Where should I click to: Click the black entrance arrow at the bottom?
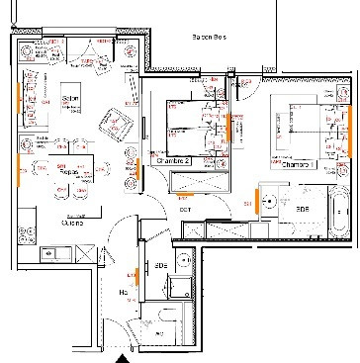tap(122, 357)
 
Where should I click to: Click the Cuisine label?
tap(71, 224)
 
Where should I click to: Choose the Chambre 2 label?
tap(174, 159)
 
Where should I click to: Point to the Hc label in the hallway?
tap(125, 293)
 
